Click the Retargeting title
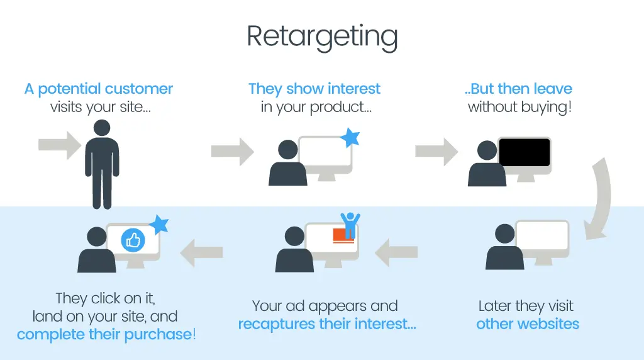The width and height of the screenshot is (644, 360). pyautogui.click(x=322, y=37)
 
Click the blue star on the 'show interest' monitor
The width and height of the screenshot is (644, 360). pyautogui.click(x=350, y=138)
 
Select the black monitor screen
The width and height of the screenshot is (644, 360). pyautogui.click(x=525, y=153)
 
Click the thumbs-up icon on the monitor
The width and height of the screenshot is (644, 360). pyautogui.click(x=133, y=240)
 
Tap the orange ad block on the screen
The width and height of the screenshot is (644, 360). pyautogui.click(x=343, y=235)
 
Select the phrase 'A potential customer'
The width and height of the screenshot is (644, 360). pyautogui.click(x=99, y=89)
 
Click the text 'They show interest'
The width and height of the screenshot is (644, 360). pyautogui.click(x=314, y=89)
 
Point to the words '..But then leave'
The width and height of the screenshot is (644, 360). pyautogui.click(x=518, y=89)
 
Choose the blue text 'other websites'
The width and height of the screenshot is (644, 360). pyautogui.click(x=527, y=325)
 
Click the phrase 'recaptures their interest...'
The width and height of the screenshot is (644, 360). pyautogui.click(x=326, y=325)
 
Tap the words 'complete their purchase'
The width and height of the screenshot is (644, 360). pyautogui.click(x=104, y=334)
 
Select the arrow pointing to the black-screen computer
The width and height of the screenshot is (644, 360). pyautogui.click(x=436, y=151)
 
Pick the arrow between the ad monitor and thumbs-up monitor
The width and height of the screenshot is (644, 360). pyautogui.click(x=202, y=252)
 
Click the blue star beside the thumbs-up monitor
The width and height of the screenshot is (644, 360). pyautogui.click(x=160, y=224)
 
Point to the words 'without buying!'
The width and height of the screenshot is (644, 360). pyautogui.click(x=519, y=107)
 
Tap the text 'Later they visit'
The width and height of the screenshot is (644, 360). pyautogui.click(x=526, y=306)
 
